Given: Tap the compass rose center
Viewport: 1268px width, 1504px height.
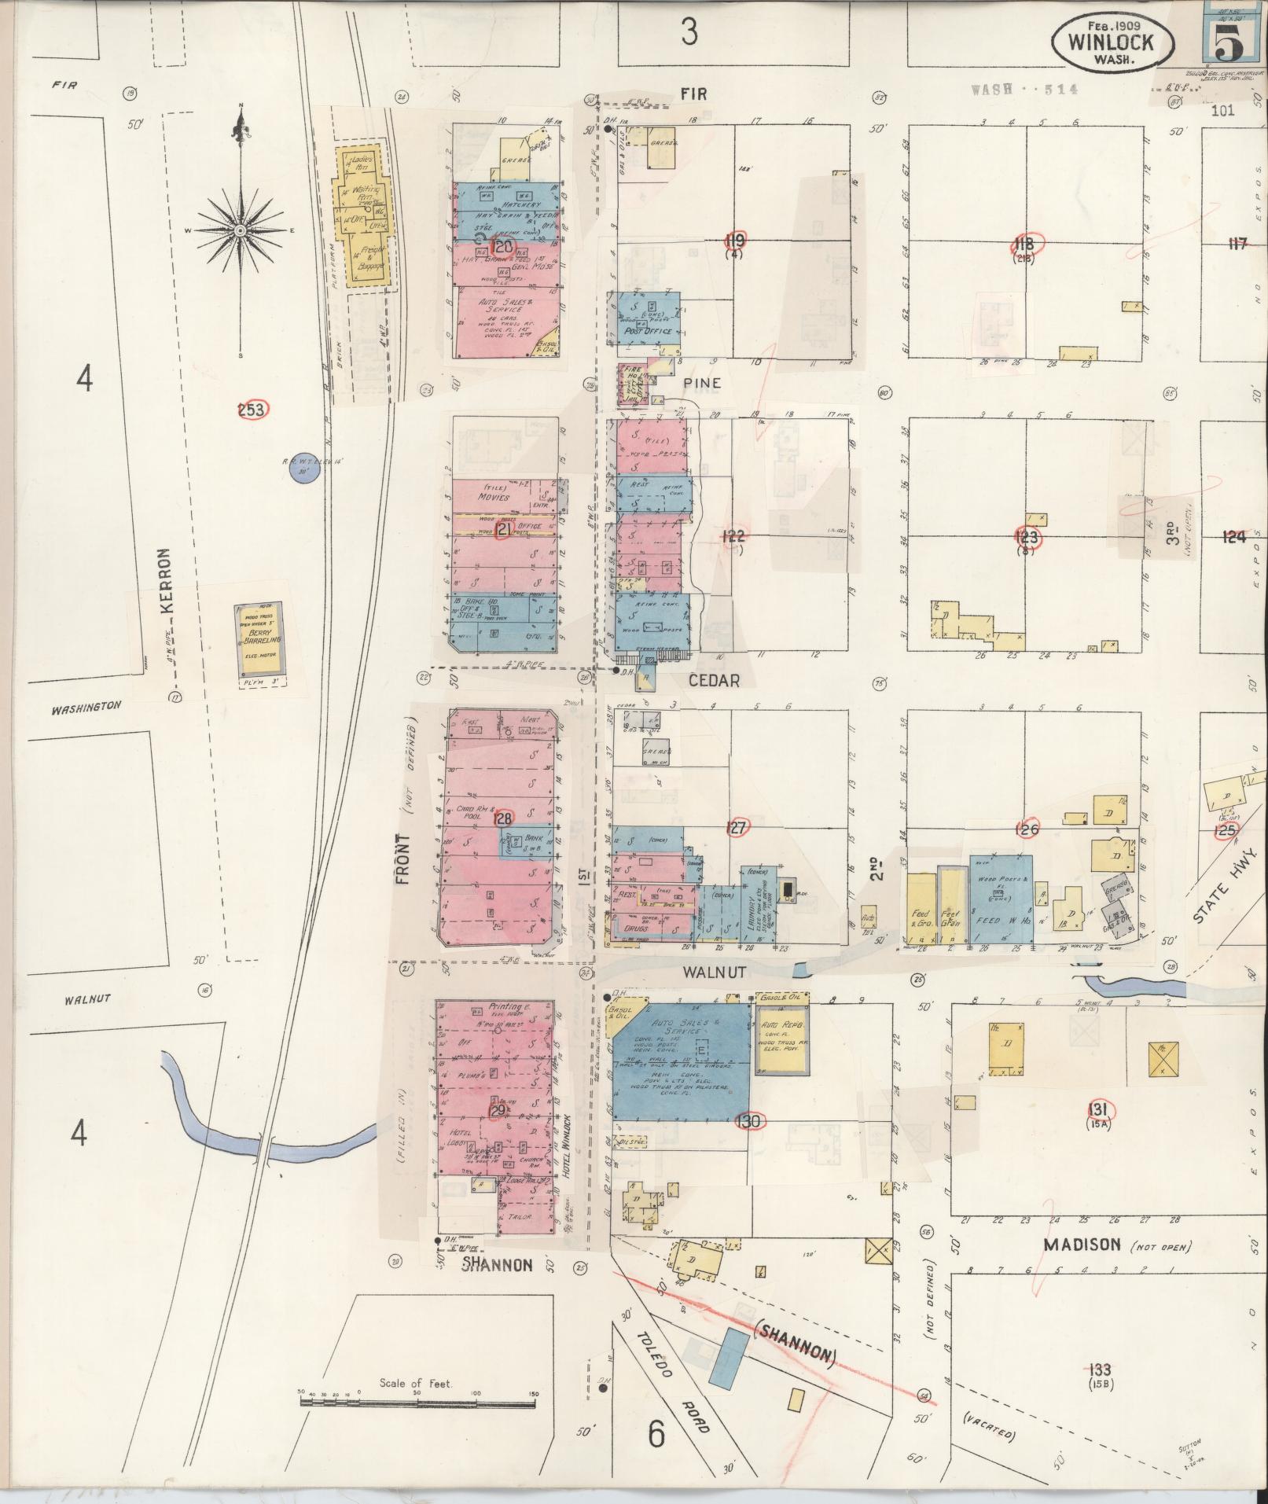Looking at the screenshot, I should tap(240, 231).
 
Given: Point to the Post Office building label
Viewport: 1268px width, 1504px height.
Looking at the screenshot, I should tap(647, 332).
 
